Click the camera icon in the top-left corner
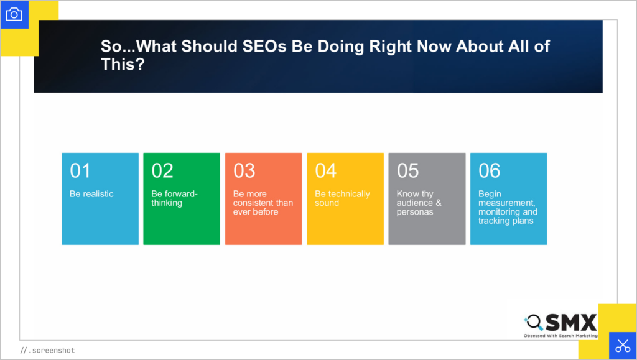pyautogui.click(x=14, y=14)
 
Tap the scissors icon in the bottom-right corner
pyautogui.click(x=622, y=346)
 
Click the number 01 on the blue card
pyautogui.click(x=80, y=170)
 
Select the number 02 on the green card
pyautogui.click(x=162, y=170)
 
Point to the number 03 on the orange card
pyautogui.click(x=244, y=170)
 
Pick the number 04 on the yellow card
pyautogui.click(x=326, y=170)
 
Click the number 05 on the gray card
pyautogui.click(x=408, y=170)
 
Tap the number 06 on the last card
pyautogui.click(x=490, y=170)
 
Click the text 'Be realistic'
pyautogui.click(x=91, y=194)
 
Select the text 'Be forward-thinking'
pyautogui.click(x=174, y=198)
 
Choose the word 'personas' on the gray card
pyautogui.click(x=414, y=212)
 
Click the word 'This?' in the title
pyautogui.click(x=123, y=64)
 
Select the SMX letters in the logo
pyautogui.click(x=571, y=322)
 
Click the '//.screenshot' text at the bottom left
pyautogui.click(x=47, y=351)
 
